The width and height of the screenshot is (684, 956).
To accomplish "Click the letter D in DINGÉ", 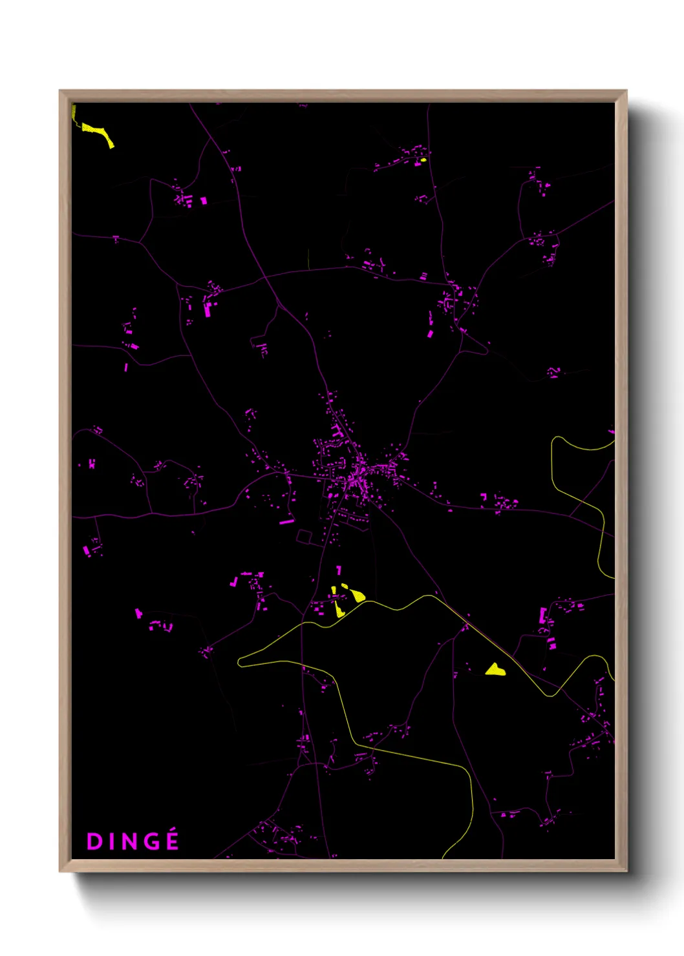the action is [x=94, y=842].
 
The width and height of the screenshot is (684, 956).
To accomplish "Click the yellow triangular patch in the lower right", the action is [x=495, y=670].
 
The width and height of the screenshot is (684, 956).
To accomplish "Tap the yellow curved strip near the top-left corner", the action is [x=98, y=132].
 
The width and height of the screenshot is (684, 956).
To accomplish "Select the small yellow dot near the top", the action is [x=423, y=160].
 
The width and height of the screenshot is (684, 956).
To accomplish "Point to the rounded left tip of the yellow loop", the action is [x=240, y=661].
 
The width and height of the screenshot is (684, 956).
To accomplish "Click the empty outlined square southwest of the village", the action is [x=304, y=536].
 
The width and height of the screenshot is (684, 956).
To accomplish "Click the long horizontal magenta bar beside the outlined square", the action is [x=286, y=521].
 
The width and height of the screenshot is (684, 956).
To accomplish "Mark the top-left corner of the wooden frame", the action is [x=61, y=92].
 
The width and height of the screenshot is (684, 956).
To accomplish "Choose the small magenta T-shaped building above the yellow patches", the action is [x=338, y=570].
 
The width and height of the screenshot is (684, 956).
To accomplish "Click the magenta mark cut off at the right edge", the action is [x=611, y=430].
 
